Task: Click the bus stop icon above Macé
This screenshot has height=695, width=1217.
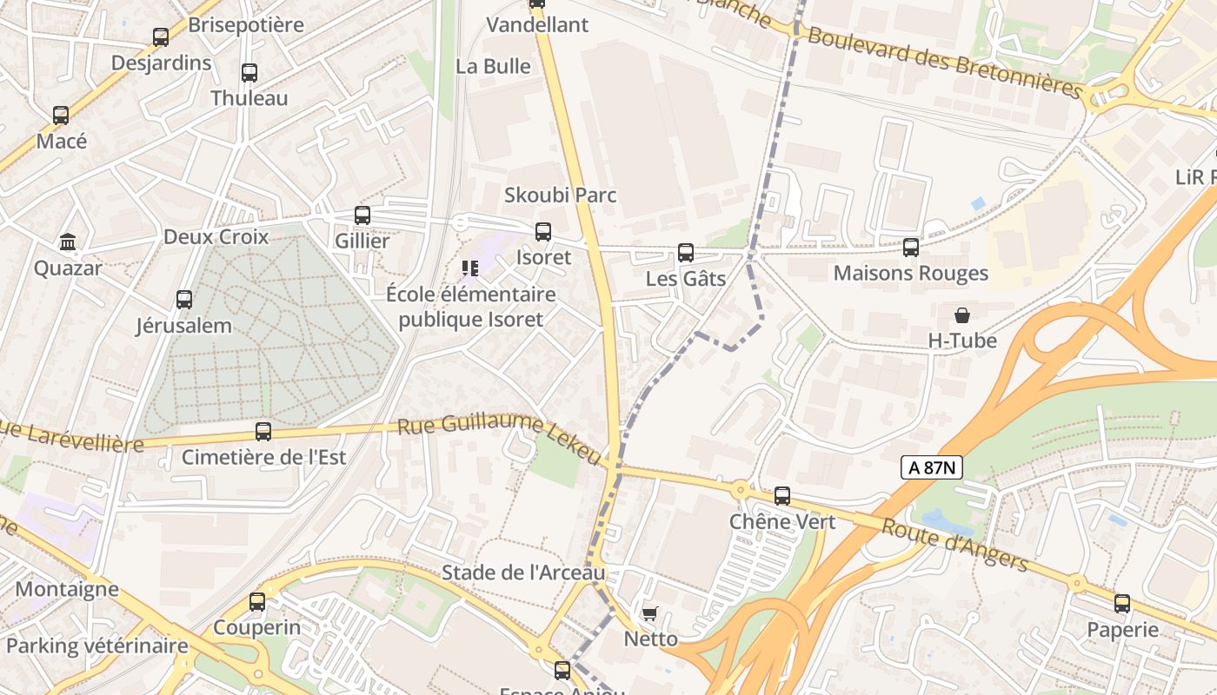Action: [61, 115]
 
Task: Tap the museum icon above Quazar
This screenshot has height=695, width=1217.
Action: [68, 242]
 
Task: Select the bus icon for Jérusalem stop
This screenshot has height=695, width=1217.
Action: [184, 300]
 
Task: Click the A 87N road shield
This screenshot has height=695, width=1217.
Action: [931, 467]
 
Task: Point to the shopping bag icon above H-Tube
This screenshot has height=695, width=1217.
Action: [961, 314]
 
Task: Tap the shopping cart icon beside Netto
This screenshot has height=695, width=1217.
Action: [649, 614]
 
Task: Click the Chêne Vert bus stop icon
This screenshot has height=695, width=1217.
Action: [782, 496]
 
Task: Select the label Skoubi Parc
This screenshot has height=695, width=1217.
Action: [561, 195]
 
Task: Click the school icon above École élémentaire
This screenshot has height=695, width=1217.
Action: [470, 268]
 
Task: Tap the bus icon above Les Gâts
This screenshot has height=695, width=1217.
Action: [686, 253]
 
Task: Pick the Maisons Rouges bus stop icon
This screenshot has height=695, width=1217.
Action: [911, 248]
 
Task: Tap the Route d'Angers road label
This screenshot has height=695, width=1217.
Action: [954, 545]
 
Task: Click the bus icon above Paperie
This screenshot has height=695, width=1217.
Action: [1122, 604]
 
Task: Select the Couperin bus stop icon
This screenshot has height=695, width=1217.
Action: [257, 601]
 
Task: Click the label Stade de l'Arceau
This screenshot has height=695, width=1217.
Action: [523, 573]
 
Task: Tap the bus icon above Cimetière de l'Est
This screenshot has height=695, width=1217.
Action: [263, 431]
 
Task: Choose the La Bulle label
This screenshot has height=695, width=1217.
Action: [493, 66]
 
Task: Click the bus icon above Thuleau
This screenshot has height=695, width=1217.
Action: [249, 73]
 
